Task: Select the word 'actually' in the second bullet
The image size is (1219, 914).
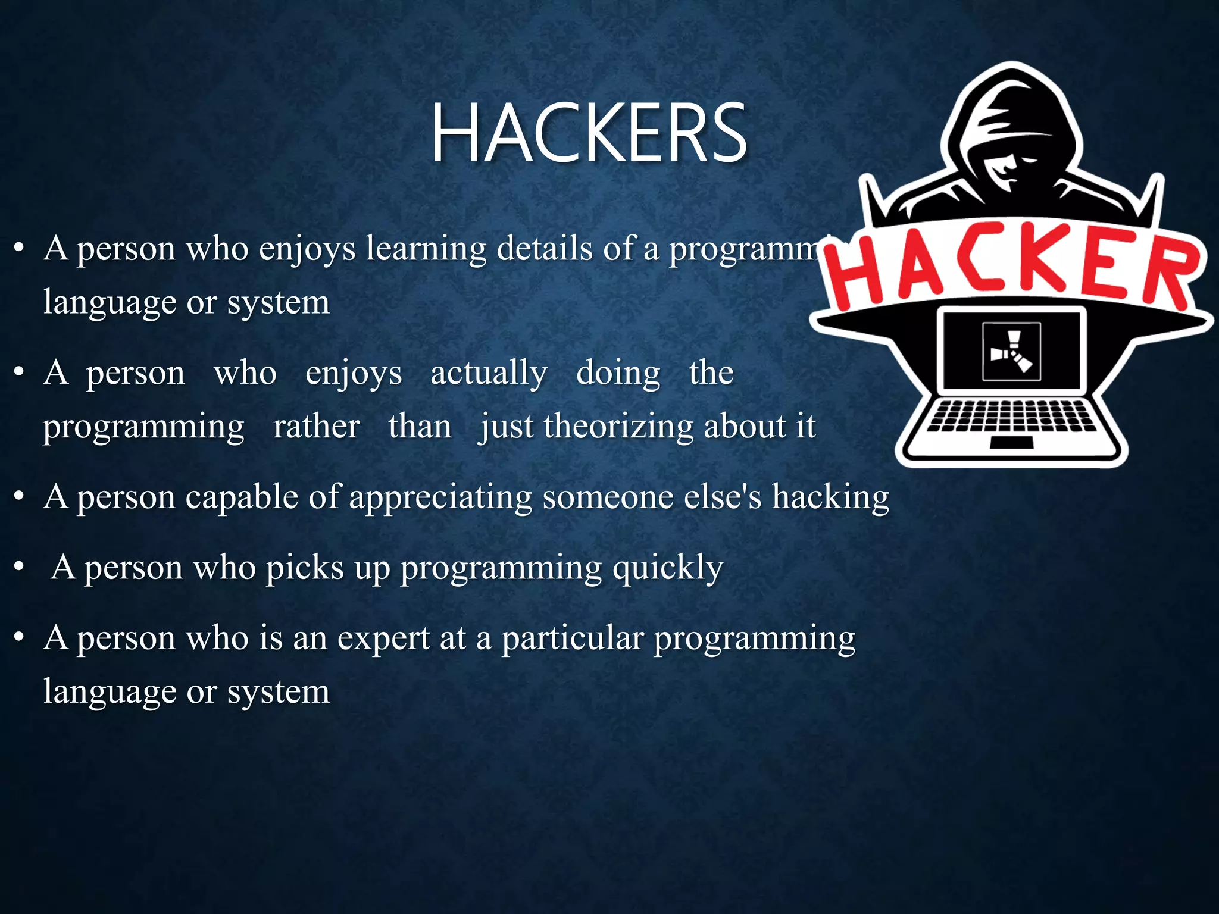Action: coord(489,374)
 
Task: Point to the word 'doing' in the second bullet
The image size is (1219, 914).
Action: coord(618,374)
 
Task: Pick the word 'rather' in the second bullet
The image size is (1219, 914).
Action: coord(316,426)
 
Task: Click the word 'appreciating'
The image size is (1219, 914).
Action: coord(440,497)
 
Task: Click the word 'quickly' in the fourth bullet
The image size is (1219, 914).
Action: coord(668,568)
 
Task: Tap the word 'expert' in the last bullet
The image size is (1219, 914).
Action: coord(383,639)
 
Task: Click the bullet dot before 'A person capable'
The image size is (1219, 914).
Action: coord(20,496)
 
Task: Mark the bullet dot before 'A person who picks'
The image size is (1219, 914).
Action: coord(20,566)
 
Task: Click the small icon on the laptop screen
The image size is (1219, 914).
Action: coord(1011,351)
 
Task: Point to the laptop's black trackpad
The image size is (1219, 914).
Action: coord(1011,443)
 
